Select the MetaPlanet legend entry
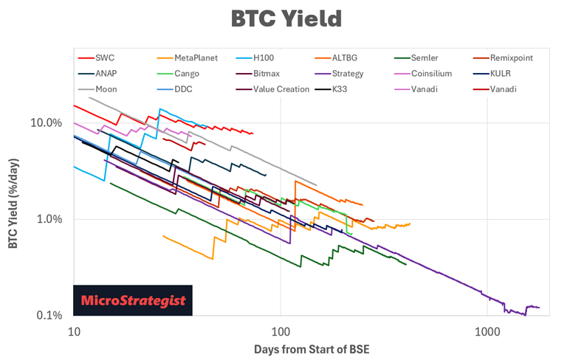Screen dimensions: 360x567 pyautogui.click(x=196, y=58)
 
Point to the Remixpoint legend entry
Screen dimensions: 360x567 pyautogui.click(x=522, y=58)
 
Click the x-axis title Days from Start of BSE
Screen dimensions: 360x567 pyautogui.click(x=311, y=347)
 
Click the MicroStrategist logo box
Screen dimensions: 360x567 pyautogui.click(x=133, y=301)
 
